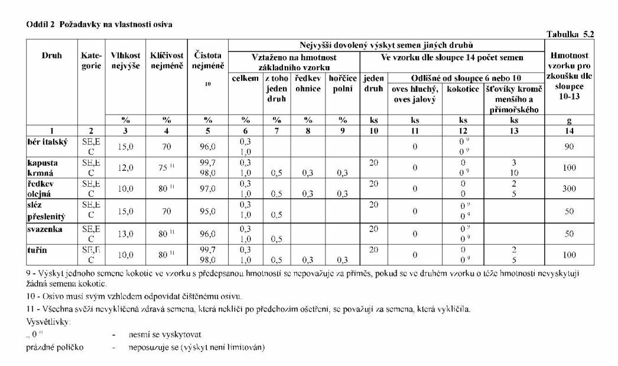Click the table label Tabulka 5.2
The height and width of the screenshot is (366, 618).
click(570, 34)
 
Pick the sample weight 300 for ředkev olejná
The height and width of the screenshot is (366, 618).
click(569, 189)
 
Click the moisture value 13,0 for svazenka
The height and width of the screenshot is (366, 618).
click(125, 234)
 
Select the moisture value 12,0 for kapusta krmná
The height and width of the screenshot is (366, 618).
click(125, 167)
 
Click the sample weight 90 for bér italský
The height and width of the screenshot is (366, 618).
click(569, 146)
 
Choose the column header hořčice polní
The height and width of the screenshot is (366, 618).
click(342, 84)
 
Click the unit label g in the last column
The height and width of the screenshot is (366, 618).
click(569, 119)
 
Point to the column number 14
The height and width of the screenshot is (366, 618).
click(569, 130)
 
